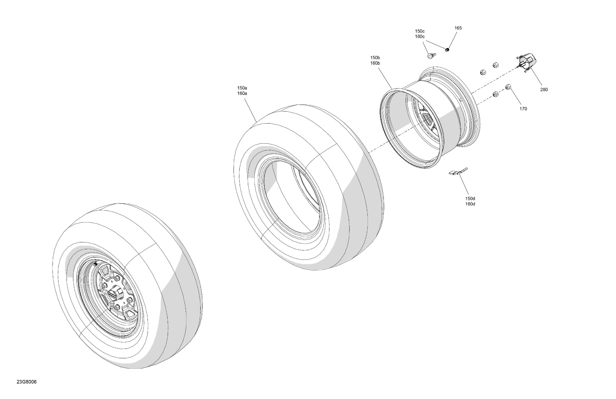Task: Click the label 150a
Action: tap(242, 88)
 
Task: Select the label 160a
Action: tap(242, 93)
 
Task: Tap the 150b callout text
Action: tap(375, 58)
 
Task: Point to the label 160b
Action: tap(375, 63)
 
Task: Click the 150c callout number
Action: tap(420, 31)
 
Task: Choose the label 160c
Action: tap(420, 37)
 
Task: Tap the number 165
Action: tap(458, 28)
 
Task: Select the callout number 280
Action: tap(544, 89)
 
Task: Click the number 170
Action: tap(523, 109)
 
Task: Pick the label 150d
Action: tap(470, 199)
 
